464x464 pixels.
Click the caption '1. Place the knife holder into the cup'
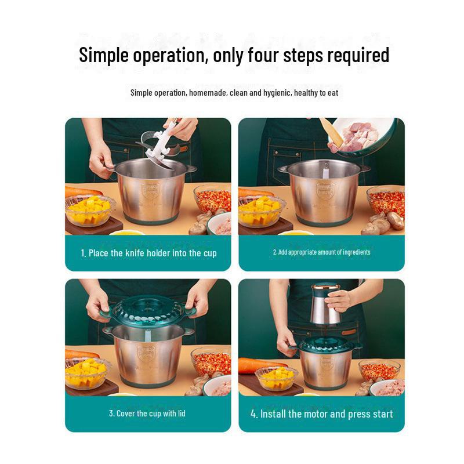pyautogui.click(x=148, y=253)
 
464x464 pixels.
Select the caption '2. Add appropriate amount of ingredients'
pyautogui.click(x=322, y=252)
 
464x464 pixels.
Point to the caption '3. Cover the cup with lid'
pyautogui.click(x=147, y=414)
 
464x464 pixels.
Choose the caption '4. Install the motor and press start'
pyautogui.click(x=322, y=414)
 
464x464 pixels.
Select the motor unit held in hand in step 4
pyautogui.click(x=325, y=305)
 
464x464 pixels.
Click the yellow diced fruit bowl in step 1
pyautogui.click(x=89, y=209)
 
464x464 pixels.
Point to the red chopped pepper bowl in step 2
pyautogui.click(x=386, y=201)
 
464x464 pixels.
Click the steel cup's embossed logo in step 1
pyautogui.click(x=151, y=191)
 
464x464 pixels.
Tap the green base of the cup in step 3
pyautogui.click(x=147, y=381)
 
